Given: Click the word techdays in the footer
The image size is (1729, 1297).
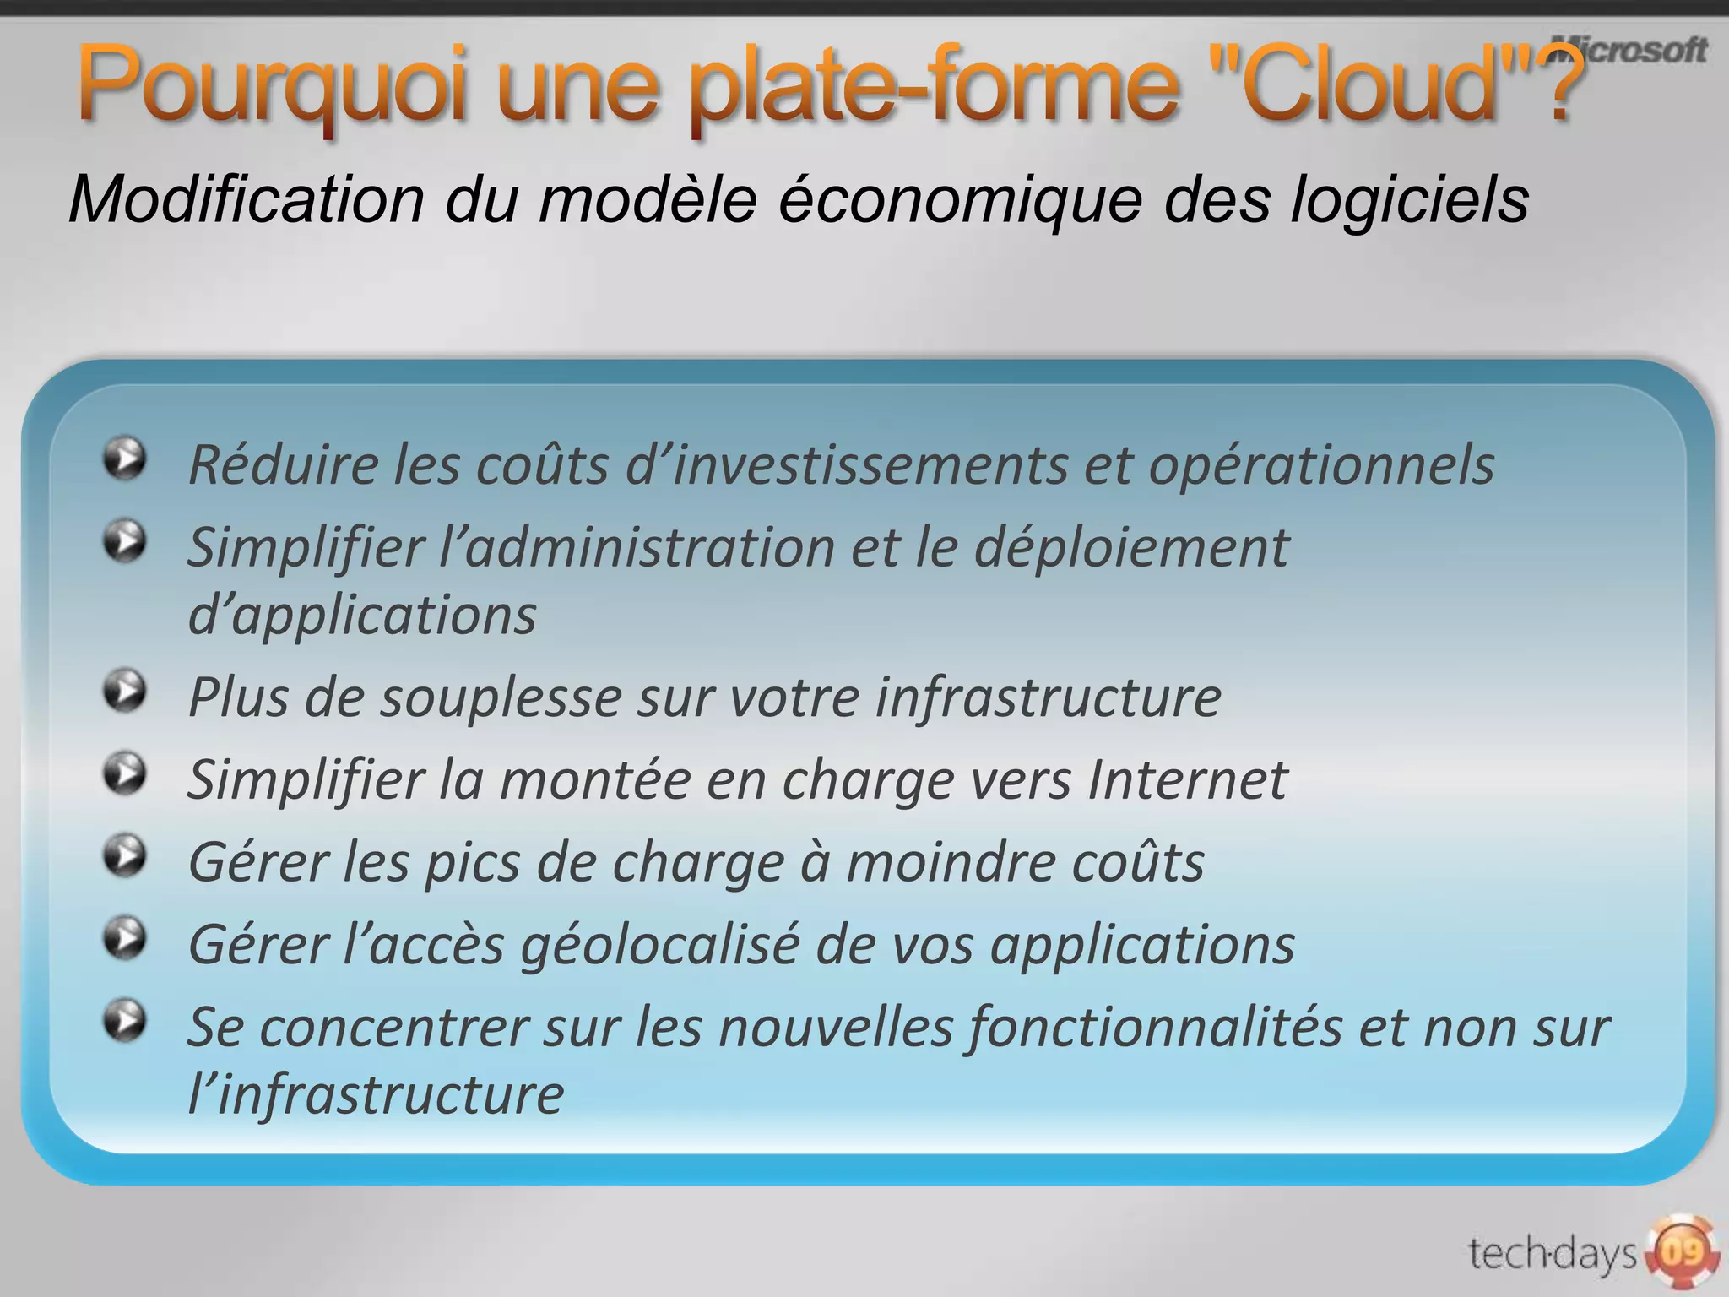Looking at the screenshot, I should click(x=1552, y=1253).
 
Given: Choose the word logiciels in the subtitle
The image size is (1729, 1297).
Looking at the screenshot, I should click(x=1409, y=200).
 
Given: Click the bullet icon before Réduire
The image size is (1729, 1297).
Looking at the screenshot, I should click(x=125, y=459).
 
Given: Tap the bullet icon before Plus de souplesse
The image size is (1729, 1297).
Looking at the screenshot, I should click(x=125, y=692).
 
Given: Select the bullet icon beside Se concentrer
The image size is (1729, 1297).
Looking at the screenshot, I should click(x=125, y=1022).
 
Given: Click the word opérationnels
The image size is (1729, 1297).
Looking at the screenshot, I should click(x=1321, y=465).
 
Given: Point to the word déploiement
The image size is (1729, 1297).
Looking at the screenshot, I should click(x=1132, y=548).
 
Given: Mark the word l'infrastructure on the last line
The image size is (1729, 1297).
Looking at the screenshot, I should click(x=377, y=1095).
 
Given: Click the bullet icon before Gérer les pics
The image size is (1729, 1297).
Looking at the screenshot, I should click(x=125, y=857).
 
